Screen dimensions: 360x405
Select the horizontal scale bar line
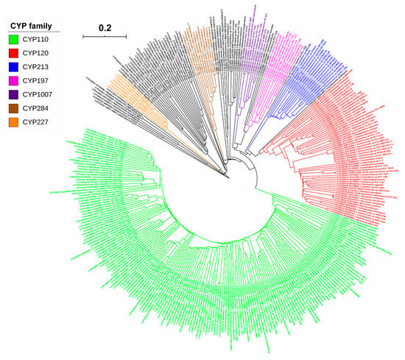coord(104,35)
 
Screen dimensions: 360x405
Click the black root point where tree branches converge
coord(228,176)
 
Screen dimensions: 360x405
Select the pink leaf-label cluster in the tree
coord(280,55)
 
